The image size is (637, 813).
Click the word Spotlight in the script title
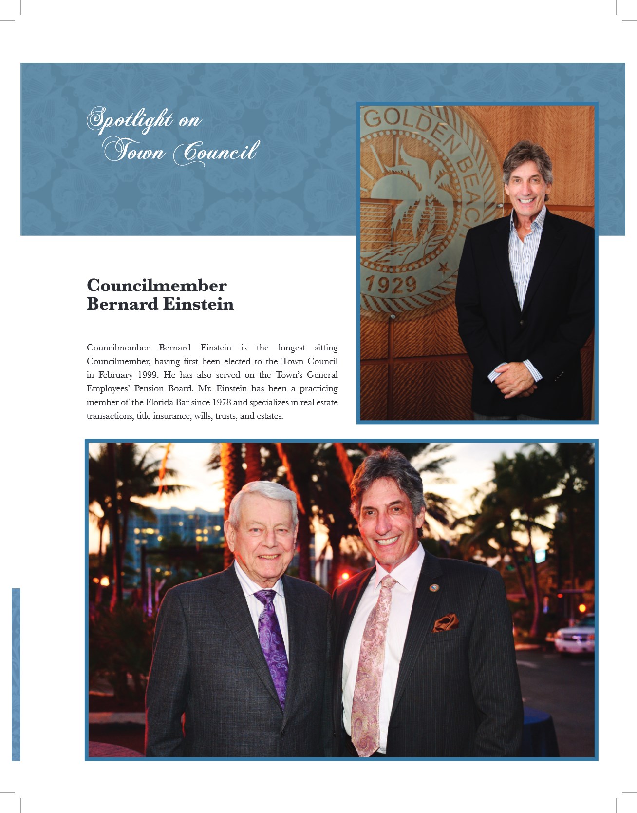click(129, 120)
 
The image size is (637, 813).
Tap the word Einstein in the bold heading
click(198, 304)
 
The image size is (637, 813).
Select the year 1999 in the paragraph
click(148, 375)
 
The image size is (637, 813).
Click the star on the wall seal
click(442, 267)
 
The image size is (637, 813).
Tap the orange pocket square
click(446, 622)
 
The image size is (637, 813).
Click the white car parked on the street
click(575, 636)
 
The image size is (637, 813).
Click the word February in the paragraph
click(115, 375)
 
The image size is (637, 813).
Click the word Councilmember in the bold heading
click(157, 286)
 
